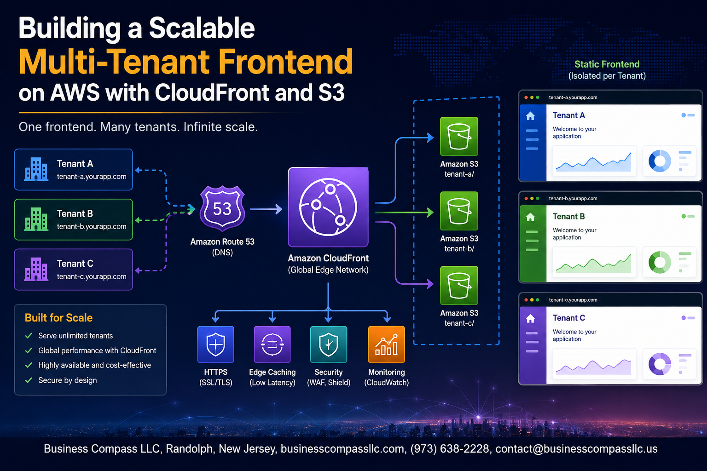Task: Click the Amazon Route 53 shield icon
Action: click(x=222, y=208)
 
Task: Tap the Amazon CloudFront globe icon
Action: click(x=328, y=207)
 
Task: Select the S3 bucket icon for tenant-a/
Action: click(x=459, y=136)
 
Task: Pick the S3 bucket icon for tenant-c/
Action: click(x=459, y=285)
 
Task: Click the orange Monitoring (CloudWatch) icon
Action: click(x=386, y=344)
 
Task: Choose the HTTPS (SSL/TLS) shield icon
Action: click(x=215, y=344)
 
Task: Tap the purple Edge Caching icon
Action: click(x=272, y=344)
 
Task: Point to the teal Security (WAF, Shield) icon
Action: click(x=329, y=344)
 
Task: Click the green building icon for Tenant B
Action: click(x=36, y=219)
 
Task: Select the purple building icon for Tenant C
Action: click(x=36, y=269)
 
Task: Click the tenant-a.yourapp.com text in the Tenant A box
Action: click(x=92, y=177)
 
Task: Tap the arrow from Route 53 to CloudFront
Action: click(x=266, y=209)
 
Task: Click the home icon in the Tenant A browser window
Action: click(x=531, y=116)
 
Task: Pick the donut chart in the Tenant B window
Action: click(x=660, y=262)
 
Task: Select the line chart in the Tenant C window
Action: click(x=593, y=366)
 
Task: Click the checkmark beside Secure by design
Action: click(x=29, y=380)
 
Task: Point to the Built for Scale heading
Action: click(x=59, y=318)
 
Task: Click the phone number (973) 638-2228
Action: click(x=450, y=448)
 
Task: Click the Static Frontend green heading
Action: click(x=607, y=64)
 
